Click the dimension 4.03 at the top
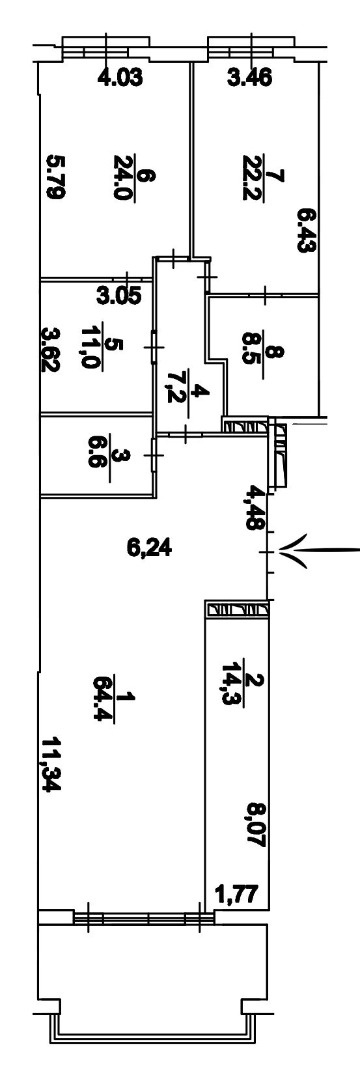[120, 77]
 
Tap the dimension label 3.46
[250, 77]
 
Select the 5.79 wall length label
[54, 176]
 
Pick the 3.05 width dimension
[119, 295]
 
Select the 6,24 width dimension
[149, 549]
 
